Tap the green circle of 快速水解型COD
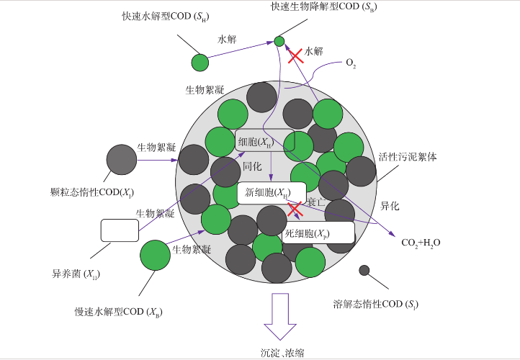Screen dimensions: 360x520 pyautogui.click(x=200, y=62)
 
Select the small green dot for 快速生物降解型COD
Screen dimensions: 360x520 pyautogui.click(x=279, y=41)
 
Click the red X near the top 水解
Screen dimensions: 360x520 pyautogui.click(x=295, y=57)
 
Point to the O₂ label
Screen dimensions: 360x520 pyautogui.click(x=351, y=64)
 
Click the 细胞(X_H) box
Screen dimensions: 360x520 pyautogui.click(x=255, y=141)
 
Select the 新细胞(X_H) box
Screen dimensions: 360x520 pyautogui.click(x=267, y=193)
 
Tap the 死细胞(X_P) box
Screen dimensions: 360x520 pyautogui.click(x=318, y=233)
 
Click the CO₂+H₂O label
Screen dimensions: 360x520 pyautogui.click(x=421, y=243)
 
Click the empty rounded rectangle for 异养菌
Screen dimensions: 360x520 pyautogui.click(x=120, y=230)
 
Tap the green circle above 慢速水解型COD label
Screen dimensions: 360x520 pyautogui.click(x=154, y=255)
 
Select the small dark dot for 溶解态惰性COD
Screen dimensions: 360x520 pyautogui.click(x=364, y=271)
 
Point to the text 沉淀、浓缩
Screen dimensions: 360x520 pyautogui.click(x=282, y=351)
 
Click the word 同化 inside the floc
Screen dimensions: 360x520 pyautogui.click(x=251, y=166)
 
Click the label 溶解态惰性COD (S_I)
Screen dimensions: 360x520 pyautogui.click(x=375, y=303)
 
